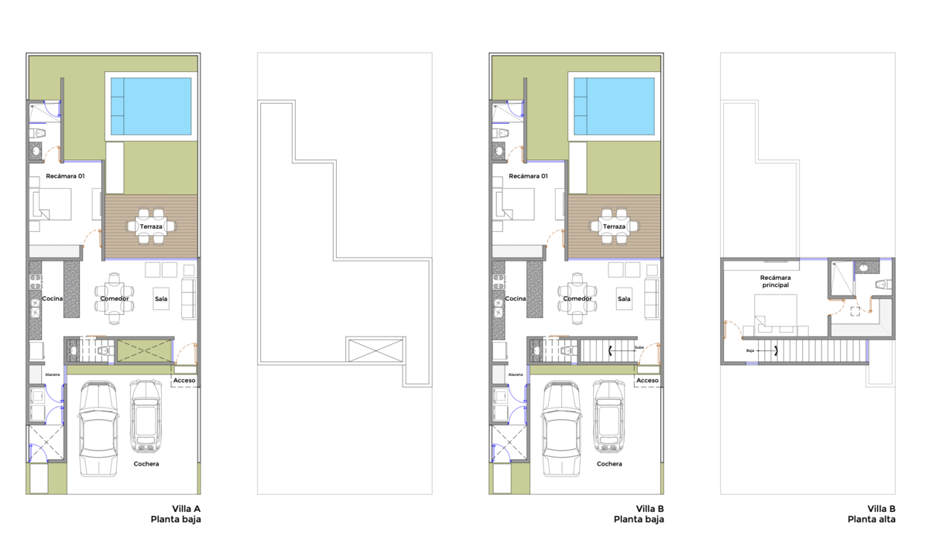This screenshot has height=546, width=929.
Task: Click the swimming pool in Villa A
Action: (151, 107)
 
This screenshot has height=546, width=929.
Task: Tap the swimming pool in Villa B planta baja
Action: (614, 107)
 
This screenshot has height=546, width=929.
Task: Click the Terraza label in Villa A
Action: (151, 227)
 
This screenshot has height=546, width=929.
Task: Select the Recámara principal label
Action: (775, 282)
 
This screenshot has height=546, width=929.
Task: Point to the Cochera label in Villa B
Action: (609, 464)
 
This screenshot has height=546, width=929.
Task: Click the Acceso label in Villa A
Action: (184, 380)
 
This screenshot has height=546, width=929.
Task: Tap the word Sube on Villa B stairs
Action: (639, 347)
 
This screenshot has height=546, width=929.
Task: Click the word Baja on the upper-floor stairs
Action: (750, 351)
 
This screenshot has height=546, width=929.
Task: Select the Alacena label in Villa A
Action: (53, 374)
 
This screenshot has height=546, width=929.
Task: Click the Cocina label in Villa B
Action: (515, 299)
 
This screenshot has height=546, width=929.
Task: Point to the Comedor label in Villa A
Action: (115, 299)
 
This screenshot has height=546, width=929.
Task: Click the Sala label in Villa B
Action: (624, 299)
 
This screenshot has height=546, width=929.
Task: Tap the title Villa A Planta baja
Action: (176, 514)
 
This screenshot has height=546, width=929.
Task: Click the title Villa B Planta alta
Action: (872, 514)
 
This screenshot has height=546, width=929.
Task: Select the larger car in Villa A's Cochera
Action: (98, 429)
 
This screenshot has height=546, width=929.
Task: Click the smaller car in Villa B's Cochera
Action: (609, 416)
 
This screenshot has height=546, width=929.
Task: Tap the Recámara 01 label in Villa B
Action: (528, 176)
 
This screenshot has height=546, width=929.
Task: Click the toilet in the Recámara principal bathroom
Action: (883, 285)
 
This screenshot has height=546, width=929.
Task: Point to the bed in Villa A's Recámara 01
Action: (52, 204)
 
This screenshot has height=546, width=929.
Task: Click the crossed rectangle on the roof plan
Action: (375, 350)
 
